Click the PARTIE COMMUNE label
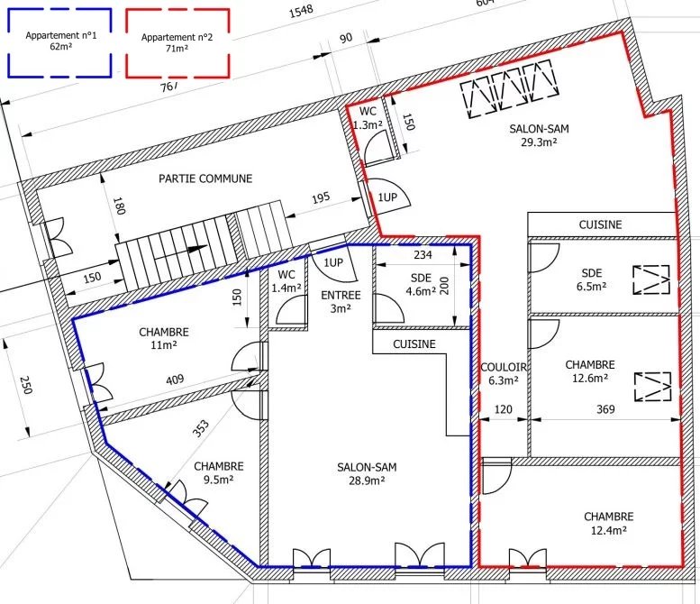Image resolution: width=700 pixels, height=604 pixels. (x=205, y=178)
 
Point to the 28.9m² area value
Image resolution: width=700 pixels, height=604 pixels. (x=367, y=480)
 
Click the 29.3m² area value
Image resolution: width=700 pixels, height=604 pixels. (x=539, y=142)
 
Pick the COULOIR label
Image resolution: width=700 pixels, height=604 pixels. (x=504, y=367)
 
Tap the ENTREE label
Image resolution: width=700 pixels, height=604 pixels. (x=341, y=296)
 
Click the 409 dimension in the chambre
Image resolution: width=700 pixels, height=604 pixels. (x=175, y=380)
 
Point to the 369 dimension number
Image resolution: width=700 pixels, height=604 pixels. (x=605, y=409)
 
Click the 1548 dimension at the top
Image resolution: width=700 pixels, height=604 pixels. (x=301, y=11)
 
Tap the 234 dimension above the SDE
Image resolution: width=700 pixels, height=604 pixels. (x=423, y=254)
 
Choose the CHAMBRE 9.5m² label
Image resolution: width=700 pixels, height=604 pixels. (x=219, y=473)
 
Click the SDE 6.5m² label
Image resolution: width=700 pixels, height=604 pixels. (x=592, y=279)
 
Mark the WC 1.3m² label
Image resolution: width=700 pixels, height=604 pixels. (x=368, y=118)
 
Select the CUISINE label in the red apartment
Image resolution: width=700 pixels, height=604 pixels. (x=600, y=224)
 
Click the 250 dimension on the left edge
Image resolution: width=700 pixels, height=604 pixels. (x=26, y=385)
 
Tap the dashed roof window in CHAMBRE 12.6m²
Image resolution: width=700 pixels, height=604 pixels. (x=652, y=386)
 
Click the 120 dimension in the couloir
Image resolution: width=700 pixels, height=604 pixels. (x=503, y=409)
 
